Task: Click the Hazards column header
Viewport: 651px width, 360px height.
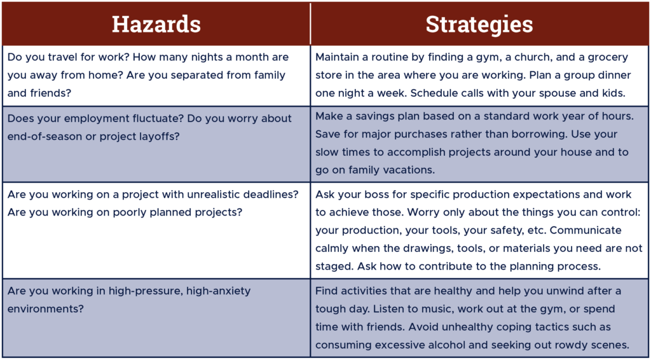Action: [156, 25]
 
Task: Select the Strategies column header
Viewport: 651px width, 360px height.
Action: [479, 25]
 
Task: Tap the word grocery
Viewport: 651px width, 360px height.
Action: [610, 58]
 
